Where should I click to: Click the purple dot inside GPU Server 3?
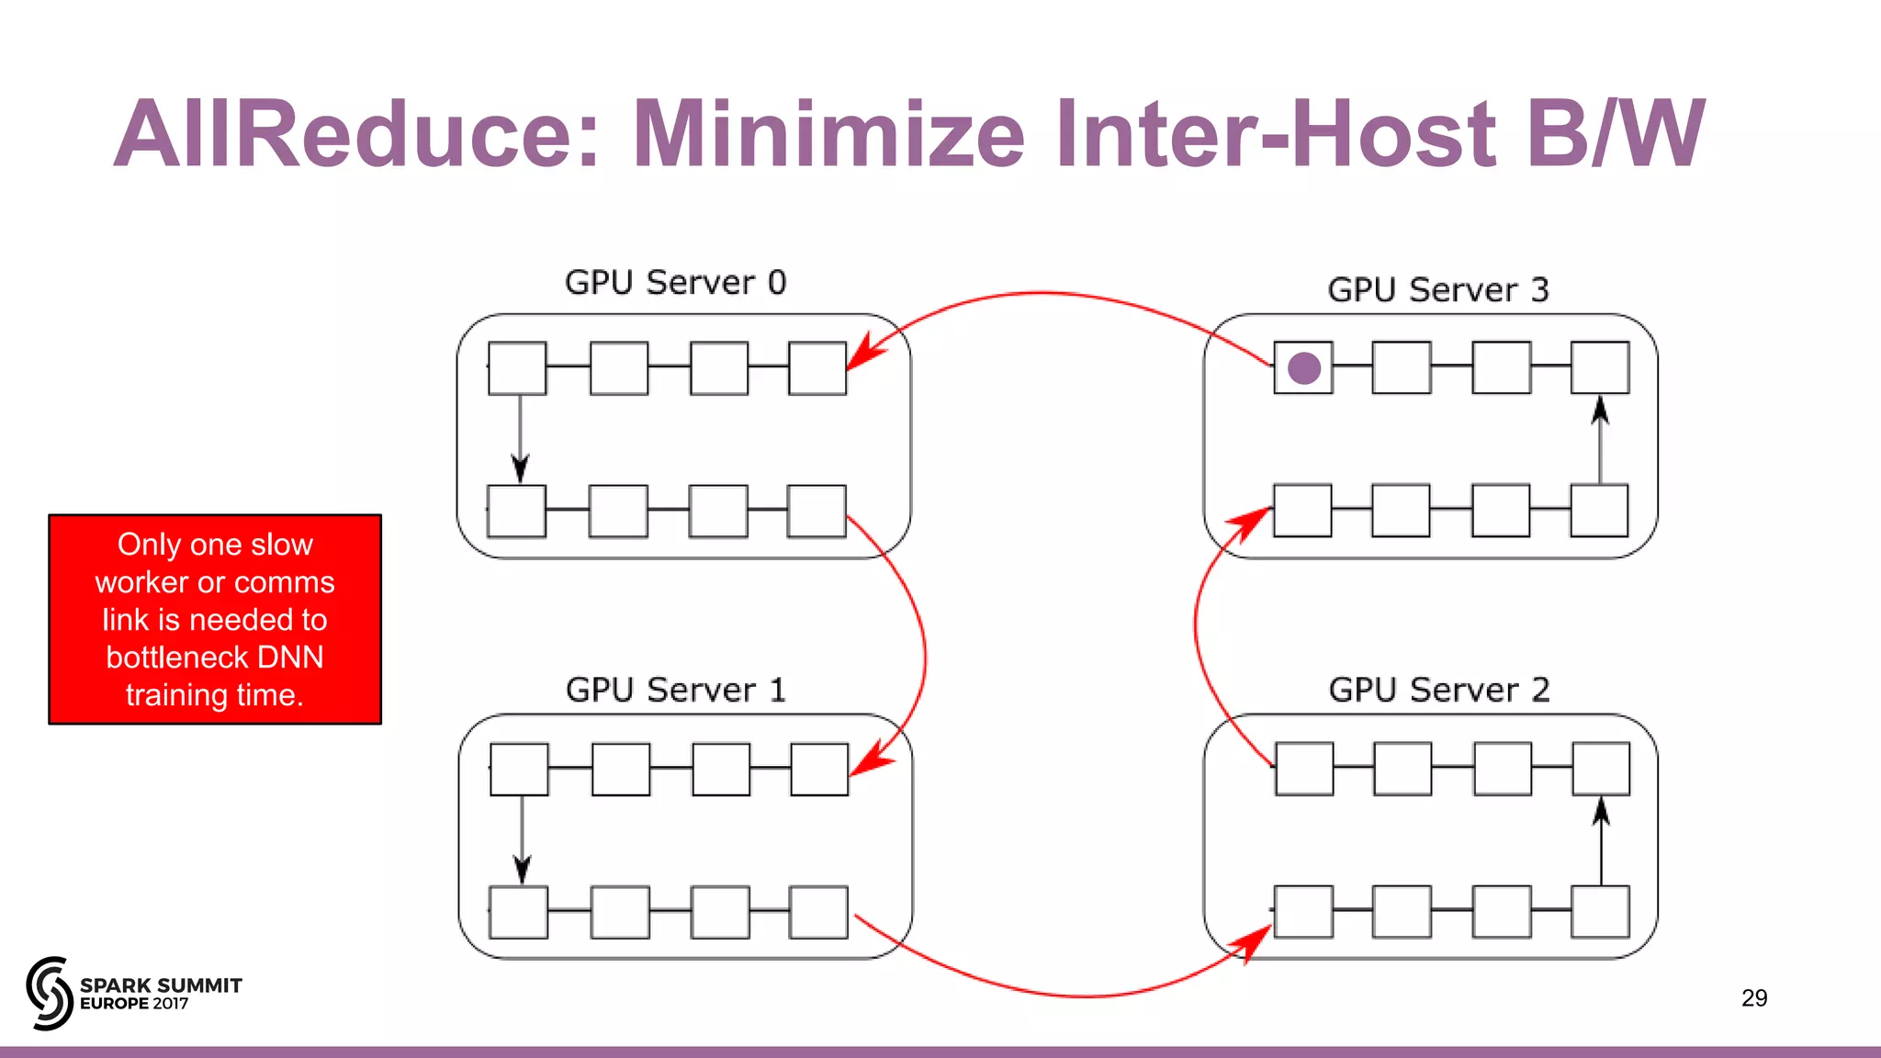[1304, 368]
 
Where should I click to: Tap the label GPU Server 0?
[675, 282]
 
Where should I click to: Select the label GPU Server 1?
[676, 690]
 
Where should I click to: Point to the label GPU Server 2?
[1438, 690]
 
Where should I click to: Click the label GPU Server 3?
[1437, 290]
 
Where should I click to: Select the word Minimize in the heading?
[828, 134]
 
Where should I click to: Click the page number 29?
[1753, 998]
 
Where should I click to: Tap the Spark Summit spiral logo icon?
[50, 993]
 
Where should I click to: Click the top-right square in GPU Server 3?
[1600, 367]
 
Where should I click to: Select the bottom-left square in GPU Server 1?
[519, 912]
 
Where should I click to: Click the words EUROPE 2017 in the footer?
[134, 1004]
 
